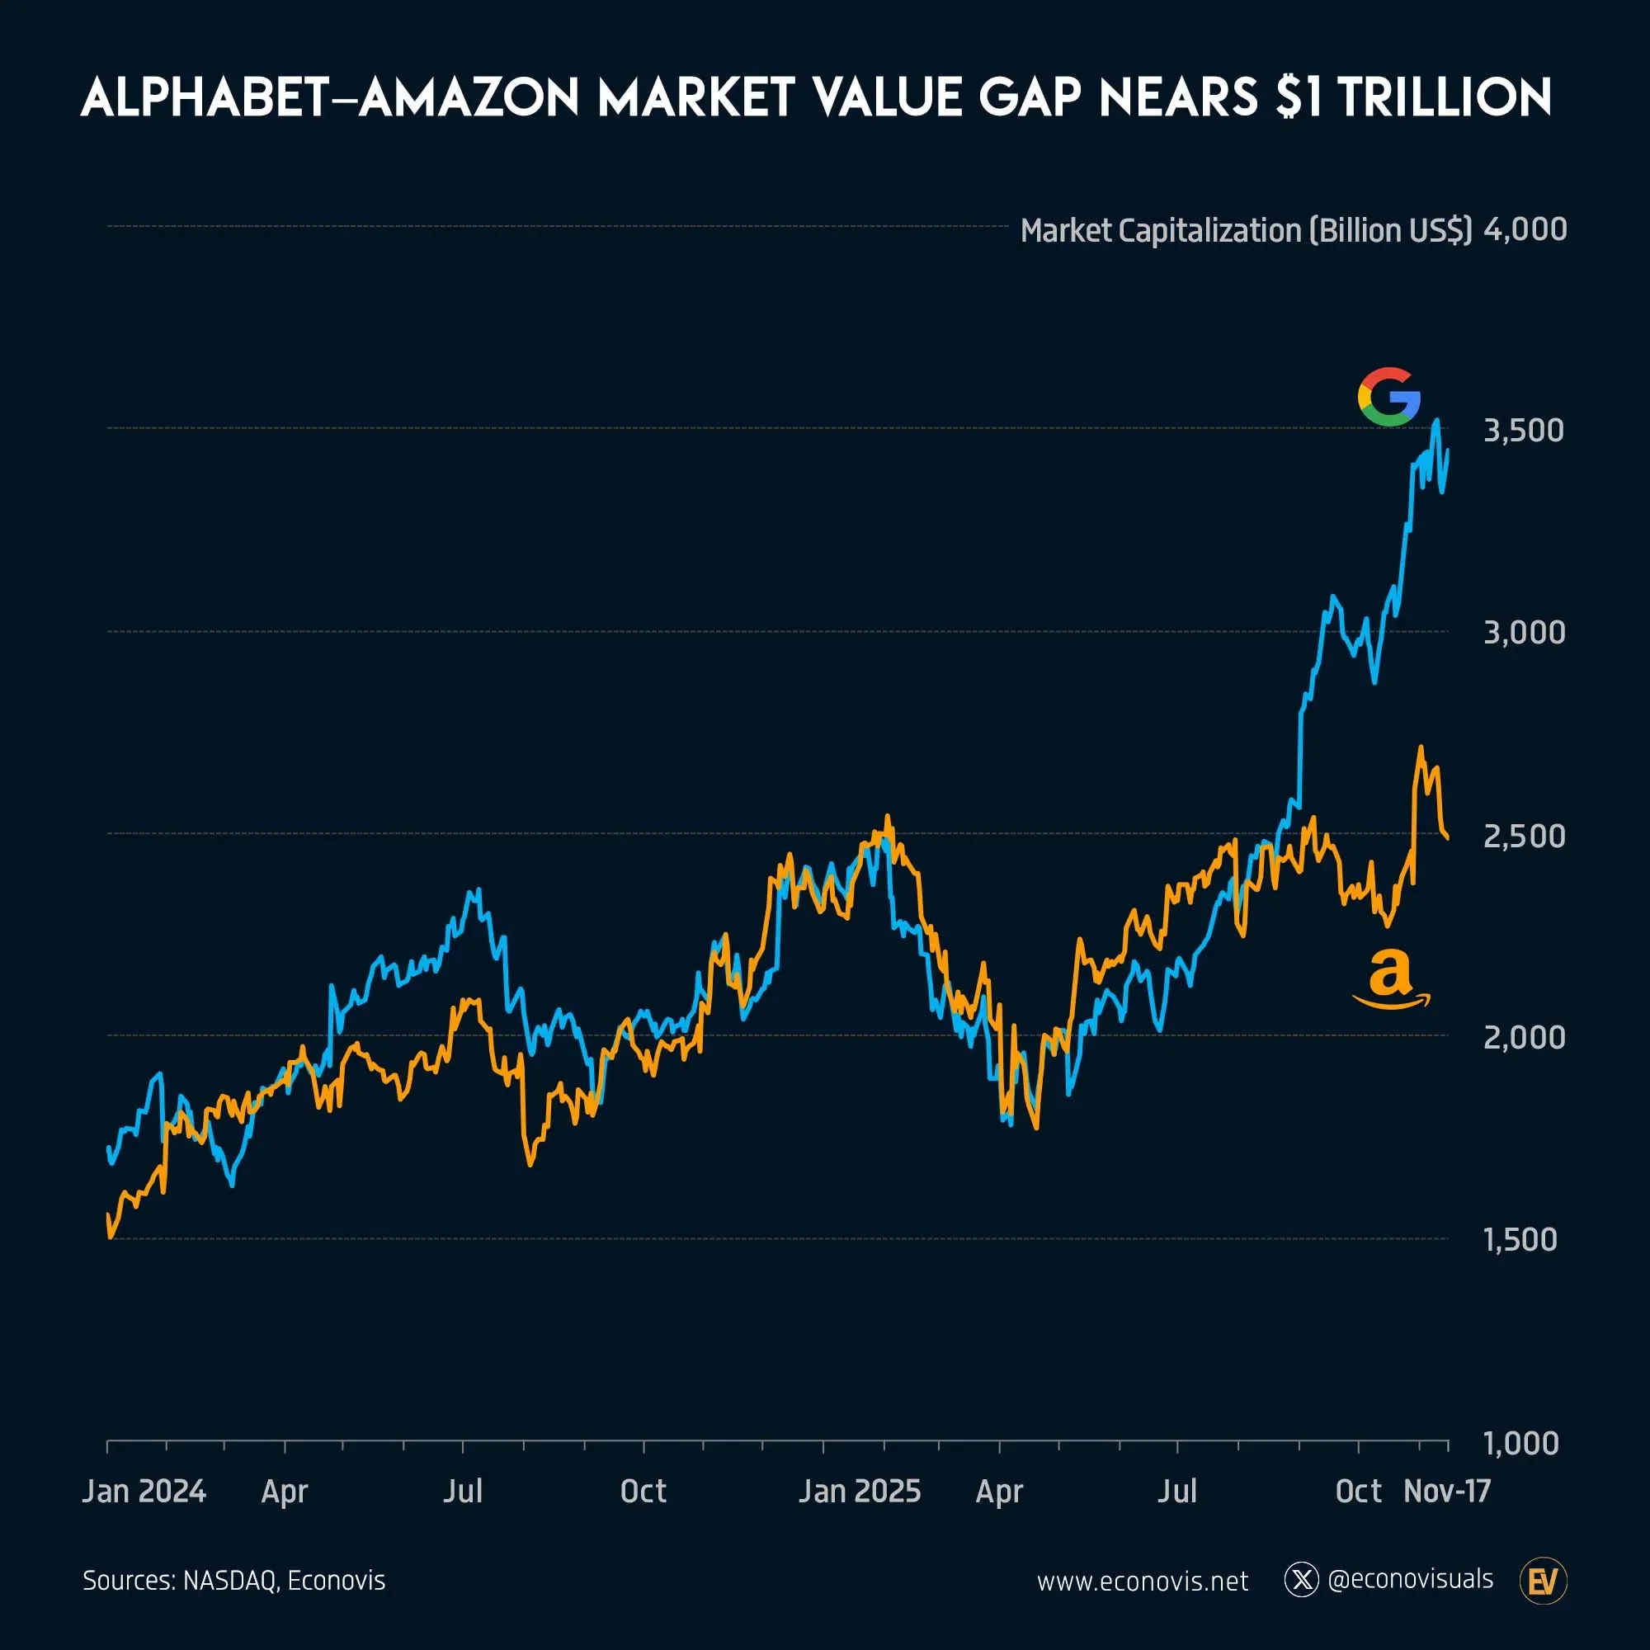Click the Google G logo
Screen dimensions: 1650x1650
1388,397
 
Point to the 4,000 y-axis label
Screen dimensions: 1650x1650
1525,229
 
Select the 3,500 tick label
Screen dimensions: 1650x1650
1524,431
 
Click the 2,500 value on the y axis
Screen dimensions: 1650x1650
1524,836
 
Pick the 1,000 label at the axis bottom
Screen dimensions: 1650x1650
1521,1443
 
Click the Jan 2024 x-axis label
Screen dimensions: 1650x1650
144,1491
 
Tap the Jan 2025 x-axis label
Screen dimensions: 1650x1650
859,1491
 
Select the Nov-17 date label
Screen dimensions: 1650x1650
1447,1491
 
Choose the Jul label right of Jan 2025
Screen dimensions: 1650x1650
1177,1491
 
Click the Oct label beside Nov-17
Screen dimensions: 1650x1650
1358,1491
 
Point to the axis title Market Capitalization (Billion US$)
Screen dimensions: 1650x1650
1246,231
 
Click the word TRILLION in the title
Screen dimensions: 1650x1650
1445,97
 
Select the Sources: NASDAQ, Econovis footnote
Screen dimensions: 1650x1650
234,1581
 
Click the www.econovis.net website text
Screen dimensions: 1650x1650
1142,1582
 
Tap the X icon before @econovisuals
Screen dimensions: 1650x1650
1302,1580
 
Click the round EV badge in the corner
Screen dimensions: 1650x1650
1544,1581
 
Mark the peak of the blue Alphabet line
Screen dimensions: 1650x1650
1436,420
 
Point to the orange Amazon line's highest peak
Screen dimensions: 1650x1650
1421,747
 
